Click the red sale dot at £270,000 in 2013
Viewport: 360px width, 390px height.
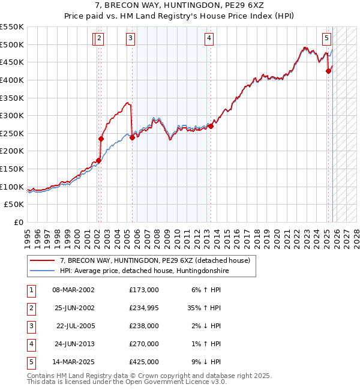(x=211, y=127)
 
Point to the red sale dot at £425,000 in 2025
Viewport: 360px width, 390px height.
(x=328, y=71)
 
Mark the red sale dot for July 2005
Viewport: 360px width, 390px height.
(x=132, y=137)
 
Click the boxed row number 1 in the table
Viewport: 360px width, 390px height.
(x=29, y=289)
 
